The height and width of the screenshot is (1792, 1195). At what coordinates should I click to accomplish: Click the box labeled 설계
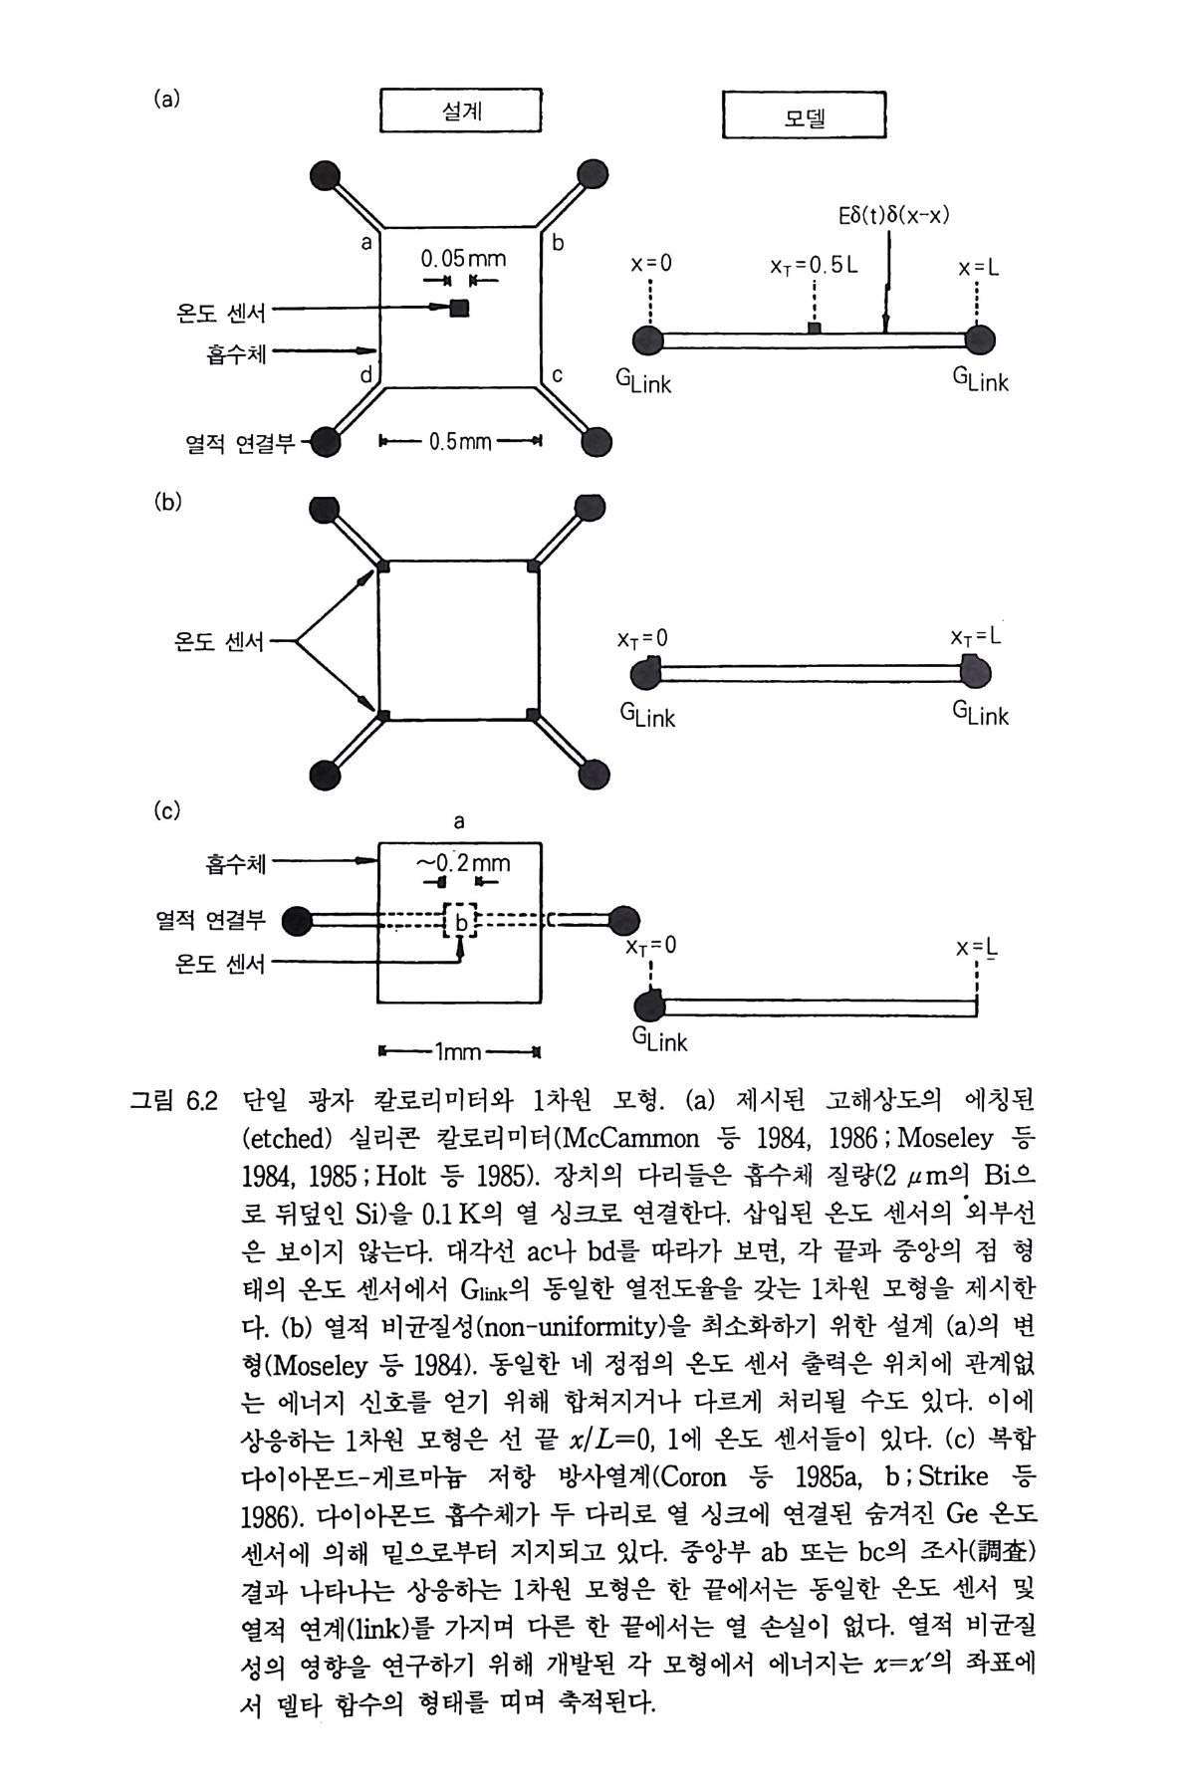coord(461,111)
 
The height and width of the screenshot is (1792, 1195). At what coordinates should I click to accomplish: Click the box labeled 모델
coord(804,115)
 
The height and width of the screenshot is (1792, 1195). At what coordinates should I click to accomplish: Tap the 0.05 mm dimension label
coord(463,260)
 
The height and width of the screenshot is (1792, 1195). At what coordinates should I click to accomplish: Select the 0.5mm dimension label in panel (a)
coord(460,441)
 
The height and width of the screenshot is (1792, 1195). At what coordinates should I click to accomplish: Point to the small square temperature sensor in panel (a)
coord(459,309)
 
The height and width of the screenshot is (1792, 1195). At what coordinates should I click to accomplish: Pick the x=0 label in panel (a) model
coord(651,266)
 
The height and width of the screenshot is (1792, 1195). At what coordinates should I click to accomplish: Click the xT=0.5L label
coord(814,266)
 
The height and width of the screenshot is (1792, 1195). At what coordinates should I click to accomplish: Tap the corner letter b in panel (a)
coord(558,242)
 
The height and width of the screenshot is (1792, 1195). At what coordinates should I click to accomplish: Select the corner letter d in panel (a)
coord(365,376)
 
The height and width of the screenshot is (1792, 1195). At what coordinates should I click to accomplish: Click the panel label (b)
coord(168,502)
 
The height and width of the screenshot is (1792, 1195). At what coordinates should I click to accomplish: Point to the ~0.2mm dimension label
coord(462,862)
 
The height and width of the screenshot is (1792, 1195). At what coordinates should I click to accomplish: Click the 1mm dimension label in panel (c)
coord(458,1051)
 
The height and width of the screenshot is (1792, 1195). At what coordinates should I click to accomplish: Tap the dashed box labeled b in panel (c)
coord(460,921)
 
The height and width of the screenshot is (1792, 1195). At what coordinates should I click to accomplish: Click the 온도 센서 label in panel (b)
coord(219,642)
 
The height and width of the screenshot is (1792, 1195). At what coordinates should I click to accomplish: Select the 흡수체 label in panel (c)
coord(236,862)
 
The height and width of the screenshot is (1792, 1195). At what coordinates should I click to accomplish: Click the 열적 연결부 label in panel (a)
coord(239,443)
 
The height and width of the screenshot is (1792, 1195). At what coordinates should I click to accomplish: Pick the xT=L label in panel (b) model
coord(975,636)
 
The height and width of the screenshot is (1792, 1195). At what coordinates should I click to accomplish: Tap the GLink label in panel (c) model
coord(659,1040)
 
